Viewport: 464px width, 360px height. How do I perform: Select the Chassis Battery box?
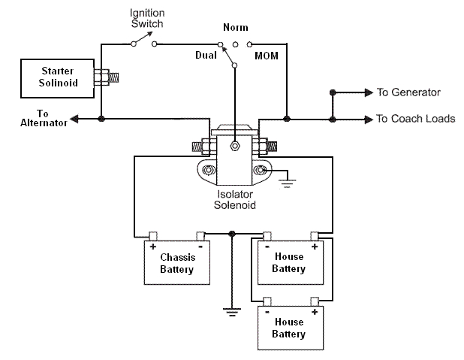pos(176,263)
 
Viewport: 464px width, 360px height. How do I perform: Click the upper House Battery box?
pos(288,262)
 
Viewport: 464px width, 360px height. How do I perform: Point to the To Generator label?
pos(408,92)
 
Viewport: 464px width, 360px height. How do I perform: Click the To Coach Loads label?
pos(415,119)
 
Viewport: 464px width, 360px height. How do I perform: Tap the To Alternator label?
pos(35,119)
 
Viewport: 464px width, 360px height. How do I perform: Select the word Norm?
pos(235,28)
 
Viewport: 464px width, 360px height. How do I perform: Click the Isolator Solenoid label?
pos(236,198)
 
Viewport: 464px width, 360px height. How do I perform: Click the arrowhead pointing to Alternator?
pos(73,119)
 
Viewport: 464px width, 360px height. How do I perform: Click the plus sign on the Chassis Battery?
pos(152,246)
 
